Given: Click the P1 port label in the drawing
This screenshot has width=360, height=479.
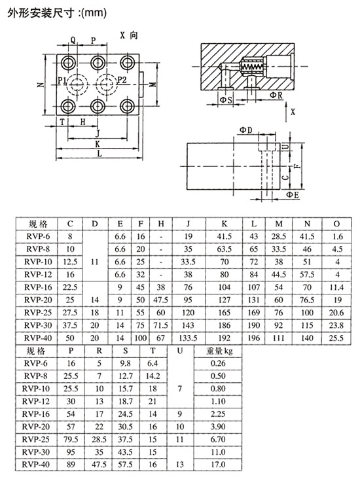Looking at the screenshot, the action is [x=62, y=80].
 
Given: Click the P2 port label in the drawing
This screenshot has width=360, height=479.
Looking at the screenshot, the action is [x=122, y=80].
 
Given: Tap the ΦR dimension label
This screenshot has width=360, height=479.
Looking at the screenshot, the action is [x=276, y=96].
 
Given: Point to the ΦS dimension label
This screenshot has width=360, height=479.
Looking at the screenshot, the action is [x=226, y=100].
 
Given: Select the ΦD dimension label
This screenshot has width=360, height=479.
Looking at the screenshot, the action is [x=246, y=130].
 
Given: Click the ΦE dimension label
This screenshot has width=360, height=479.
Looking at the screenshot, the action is [x=293, y=194].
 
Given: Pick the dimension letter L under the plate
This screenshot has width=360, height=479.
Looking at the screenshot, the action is [x=99, y=154].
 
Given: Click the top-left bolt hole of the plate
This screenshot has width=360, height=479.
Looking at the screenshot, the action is [x=68, y=63].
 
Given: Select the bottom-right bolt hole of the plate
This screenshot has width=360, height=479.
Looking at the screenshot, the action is [x=127, y=106].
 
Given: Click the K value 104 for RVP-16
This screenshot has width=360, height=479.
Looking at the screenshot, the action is [x=225, y=287].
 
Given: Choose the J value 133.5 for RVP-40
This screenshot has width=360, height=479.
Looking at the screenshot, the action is [x=189, y=338].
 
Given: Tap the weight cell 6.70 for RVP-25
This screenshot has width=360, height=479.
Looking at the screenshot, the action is [x=218, y=439].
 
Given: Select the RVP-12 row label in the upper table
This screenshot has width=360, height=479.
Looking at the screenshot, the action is [x=38, y=274].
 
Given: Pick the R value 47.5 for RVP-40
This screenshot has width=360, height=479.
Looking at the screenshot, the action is [x=99, y=465].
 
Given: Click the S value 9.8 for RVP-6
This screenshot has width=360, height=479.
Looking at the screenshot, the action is [x=125, y=363].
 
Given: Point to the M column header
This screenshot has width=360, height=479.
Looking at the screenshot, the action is [x=279, y=224].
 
